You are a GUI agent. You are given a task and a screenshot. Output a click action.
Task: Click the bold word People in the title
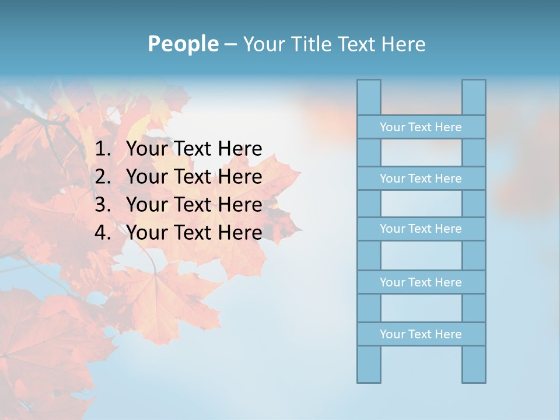tap(183, 44)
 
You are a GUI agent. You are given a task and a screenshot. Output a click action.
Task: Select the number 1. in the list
tap(103, 149)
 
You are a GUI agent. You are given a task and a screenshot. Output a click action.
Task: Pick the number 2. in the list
tap(103, 177)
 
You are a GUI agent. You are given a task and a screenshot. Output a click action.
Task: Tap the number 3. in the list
tap(103, 205)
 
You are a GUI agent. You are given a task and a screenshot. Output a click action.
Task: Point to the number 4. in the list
tap(103, 233)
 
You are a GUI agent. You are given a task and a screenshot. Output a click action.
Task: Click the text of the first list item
tap(194, 149)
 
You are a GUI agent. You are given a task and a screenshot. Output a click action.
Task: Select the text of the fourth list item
tap(194, 233)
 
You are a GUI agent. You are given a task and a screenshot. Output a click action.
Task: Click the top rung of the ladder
tap(421, 127)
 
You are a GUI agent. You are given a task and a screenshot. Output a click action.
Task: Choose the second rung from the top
tap(421, 178)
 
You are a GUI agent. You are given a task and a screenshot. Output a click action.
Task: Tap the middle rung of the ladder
tap(421, 229)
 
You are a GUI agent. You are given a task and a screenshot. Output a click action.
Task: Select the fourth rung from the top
tap(421, 282)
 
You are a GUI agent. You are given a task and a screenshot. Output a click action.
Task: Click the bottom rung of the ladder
tap(421, 334)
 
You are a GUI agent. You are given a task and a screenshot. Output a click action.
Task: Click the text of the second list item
tap(194, 177)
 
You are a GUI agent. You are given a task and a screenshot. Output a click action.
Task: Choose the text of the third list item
tap(194, 205)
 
